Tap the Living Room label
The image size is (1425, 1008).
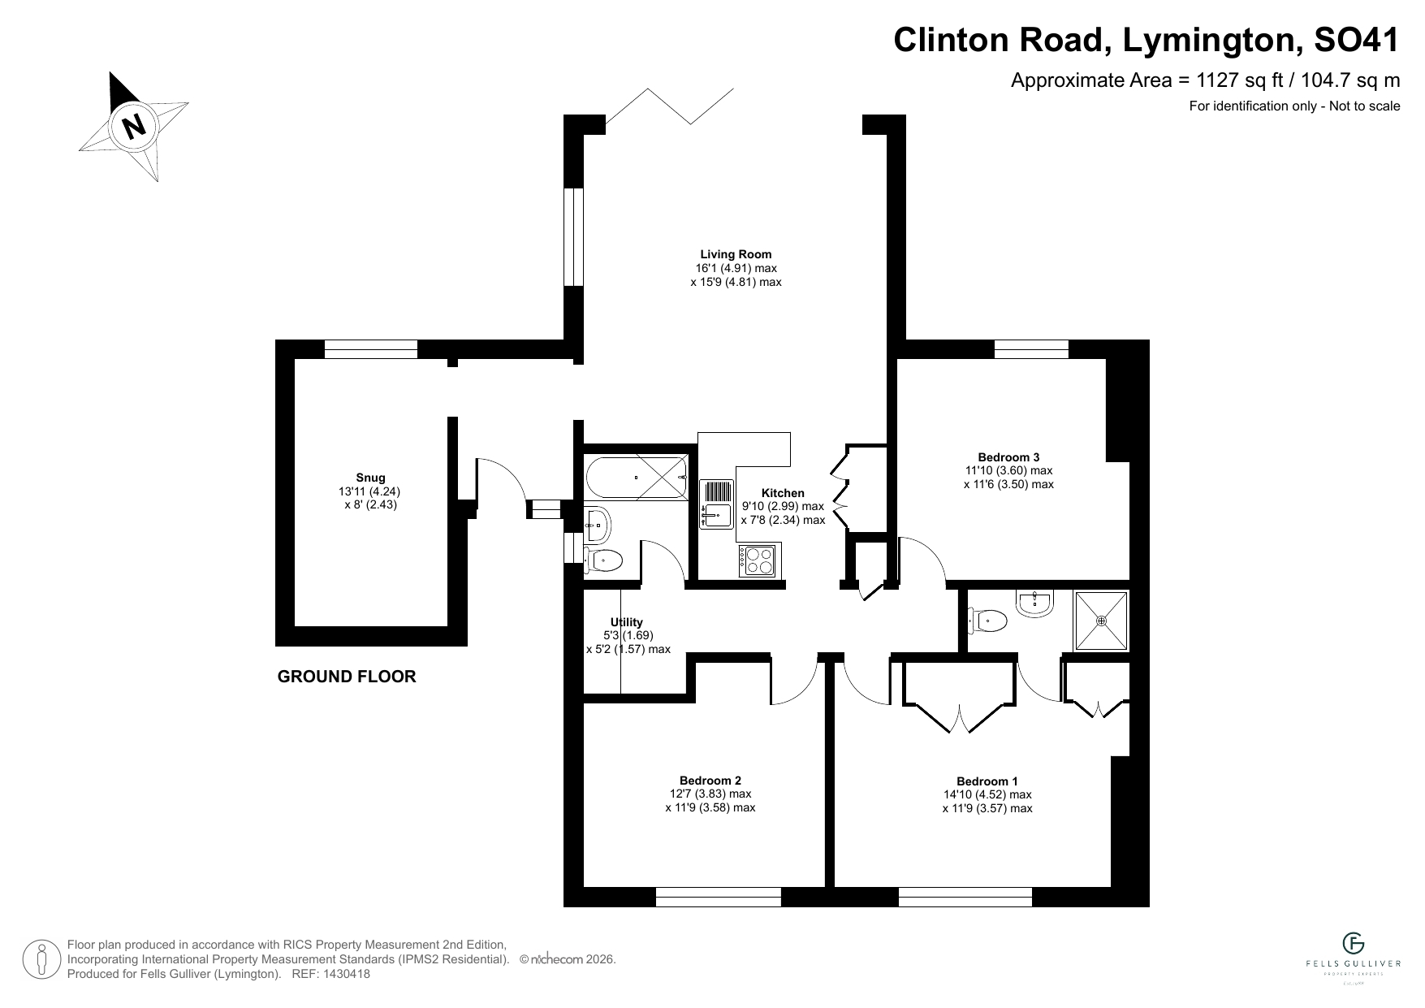click(736, 254)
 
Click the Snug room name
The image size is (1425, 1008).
click(370, 478)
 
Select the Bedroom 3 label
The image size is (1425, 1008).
click(1008, 457)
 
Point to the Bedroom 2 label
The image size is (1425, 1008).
click(710, 781)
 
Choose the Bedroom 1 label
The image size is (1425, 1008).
click(987, 781)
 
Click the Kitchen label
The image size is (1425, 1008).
click(783, 493)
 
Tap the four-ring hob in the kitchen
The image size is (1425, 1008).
click(758, 560)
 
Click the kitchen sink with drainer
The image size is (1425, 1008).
click(715, 504)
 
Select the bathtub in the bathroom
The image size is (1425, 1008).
click(636, 478)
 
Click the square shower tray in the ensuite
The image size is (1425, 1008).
click(1101, 621)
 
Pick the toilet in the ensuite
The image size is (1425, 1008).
click(987, 621)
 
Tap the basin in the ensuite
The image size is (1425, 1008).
click(1034, 603)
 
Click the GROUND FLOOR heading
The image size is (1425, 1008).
click(347, 677)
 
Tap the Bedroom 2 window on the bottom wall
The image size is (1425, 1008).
click(718, 897)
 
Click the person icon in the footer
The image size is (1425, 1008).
click(41, 959)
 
